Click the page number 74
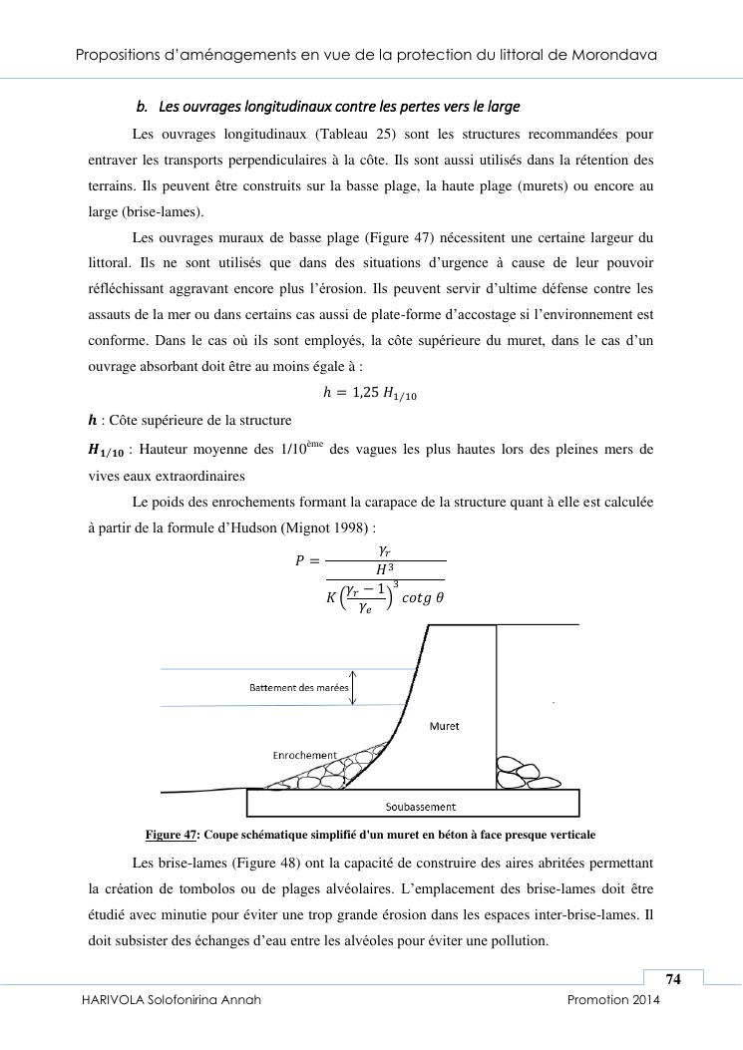673,979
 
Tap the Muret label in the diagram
444,726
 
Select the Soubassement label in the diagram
420,807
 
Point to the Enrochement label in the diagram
304,755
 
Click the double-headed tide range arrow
353,687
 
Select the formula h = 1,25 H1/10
370,394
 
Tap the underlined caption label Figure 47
170,835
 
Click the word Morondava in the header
612,54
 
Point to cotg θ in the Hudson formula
422,598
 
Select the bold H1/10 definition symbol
107,451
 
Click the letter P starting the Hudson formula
299,560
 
